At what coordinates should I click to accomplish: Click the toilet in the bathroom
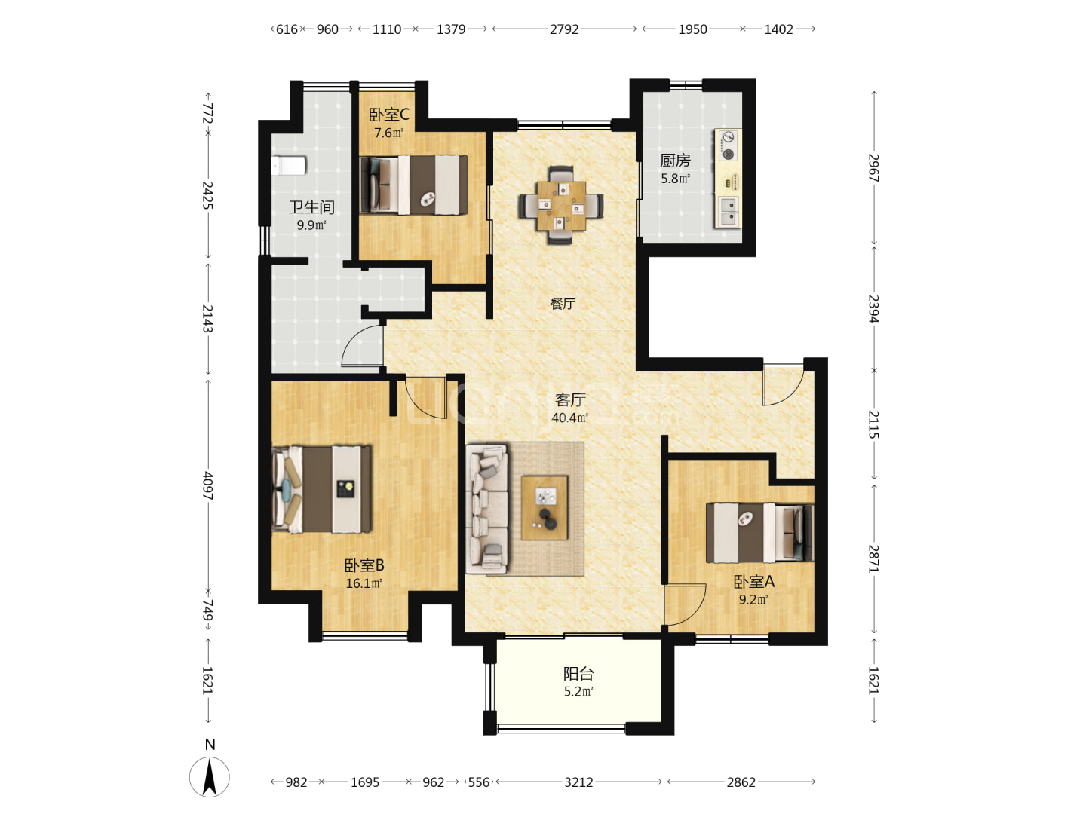coord(288,166)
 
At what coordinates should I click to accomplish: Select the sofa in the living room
coord(487,509)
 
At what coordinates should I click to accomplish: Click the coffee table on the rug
coord(545,508)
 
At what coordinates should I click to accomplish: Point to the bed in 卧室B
coord(321,490)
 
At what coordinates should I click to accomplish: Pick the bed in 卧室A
coord(759,533)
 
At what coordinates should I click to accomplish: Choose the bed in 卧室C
coord(413,185)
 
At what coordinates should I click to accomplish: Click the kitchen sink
coord(728,212)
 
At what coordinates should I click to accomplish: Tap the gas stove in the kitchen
coord(728,145)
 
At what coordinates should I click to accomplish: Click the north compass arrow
coord(210,777)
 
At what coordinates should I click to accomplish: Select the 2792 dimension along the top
coord(564,29)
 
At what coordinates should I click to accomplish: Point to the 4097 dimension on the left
coord(207,486)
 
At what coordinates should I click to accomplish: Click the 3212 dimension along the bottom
coord(579,782)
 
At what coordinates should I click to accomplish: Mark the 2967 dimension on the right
coord(874,168)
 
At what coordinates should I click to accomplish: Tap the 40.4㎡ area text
coord(570,418)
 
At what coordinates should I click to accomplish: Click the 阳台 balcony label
coord(578,674)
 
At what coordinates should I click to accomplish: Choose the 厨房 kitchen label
coord(675,160)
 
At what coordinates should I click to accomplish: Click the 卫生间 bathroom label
coord(311,207)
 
